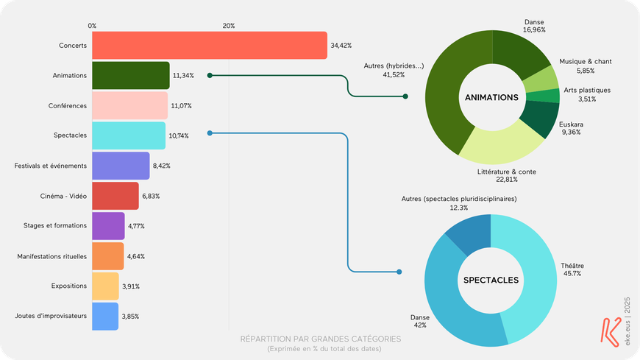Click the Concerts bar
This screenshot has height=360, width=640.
(209, 46)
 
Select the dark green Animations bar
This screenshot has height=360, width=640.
(130, 75)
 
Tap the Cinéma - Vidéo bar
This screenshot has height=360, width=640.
(115, 196)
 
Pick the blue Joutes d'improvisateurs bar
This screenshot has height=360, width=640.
(104, 316)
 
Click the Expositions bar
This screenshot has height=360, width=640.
(104, 286)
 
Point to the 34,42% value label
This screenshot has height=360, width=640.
(341, 46)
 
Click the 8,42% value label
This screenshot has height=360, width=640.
(162, 166)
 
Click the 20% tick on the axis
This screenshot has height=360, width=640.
(228, 26)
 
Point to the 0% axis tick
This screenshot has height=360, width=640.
(92, 26)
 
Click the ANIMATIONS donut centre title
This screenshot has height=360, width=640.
(492, 97)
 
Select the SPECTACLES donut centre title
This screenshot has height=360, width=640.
(491, 280)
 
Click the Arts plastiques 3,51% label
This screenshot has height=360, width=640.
(586, 94)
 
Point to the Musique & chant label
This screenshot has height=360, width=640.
(585, 66)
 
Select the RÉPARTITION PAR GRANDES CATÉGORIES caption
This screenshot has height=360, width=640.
(321, 339)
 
